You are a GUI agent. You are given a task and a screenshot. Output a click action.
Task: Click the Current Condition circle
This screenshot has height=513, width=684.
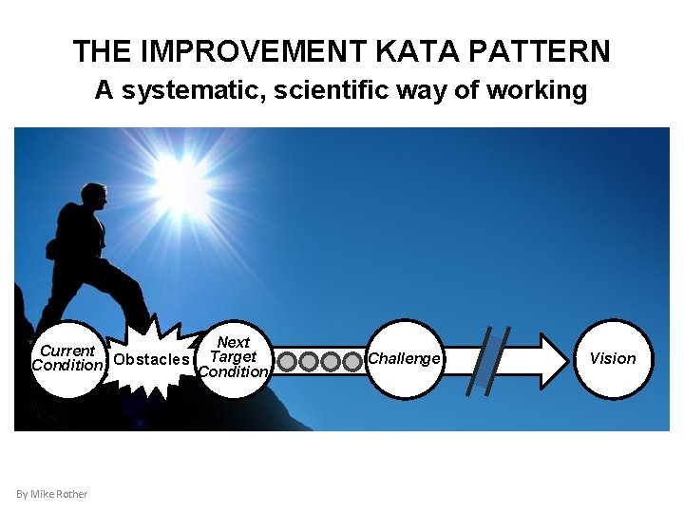(x=66, y=358)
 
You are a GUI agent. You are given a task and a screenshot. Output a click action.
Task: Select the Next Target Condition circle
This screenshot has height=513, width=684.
(x=233, y=357)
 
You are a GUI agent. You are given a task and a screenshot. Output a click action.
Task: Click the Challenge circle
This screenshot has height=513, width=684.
(x=405, y=358)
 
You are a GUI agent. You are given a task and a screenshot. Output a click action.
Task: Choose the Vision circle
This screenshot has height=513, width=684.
(x=613, y=358)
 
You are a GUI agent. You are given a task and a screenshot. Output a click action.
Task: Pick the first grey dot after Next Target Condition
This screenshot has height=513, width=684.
(x=288, y=361)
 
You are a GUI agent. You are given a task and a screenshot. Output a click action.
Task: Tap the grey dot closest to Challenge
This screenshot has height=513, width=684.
(x=351, y=361)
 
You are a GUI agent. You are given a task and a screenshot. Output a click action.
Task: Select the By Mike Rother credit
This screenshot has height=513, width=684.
(x=52, y=493)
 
